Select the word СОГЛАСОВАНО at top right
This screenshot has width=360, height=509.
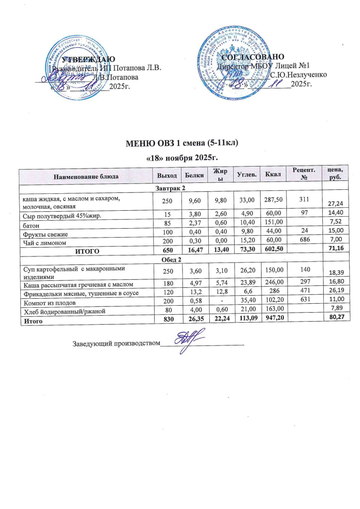tap(256, 57)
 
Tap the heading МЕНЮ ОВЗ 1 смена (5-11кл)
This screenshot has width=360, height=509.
tap(180, 144)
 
